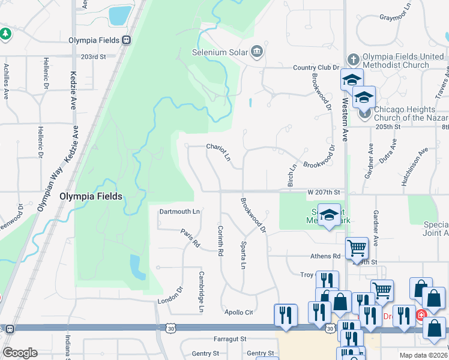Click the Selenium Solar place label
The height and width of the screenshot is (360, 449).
[220, 52]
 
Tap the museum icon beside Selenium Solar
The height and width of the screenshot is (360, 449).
[258, 51]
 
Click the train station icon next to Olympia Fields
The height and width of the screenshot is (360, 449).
[126, 40]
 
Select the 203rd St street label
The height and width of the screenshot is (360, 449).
[94, 56]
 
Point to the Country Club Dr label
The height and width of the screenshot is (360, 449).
[316, 68]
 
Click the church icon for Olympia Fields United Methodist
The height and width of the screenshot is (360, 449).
[354, 59]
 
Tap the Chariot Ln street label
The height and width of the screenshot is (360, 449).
[218, 152]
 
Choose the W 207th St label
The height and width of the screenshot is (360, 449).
[324, 192]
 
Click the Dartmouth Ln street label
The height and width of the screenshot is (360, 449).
[179, 211]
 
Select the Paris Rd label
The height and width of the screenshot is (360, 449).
[190, 238]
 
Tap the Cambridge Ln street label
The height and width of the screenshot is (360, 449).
[202, 292]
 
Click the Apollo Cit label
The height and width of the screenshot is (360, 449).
[239, 313]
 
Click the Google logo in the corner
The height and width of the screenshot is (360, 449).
[20, 353]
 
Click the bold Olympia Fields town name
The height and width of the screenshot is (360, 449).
[91, 196]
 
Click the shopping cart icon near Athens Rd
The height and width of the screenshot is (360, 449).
[357, 247]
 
